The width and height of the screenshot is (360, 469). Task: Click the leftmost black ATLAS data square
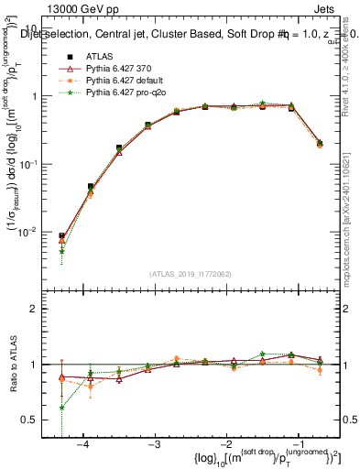pyautogui.click(x=61, y=235)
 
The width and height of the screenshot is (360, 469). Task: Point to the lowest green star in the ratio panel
pyautogui.click(x=61, y=408)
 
